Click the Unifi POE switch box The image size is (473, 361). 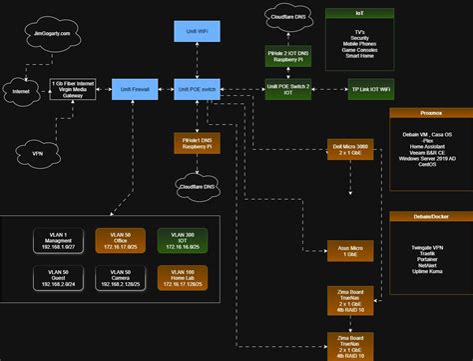click(x=197, y=90)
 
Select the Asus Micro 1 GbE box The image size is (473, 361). click(x=347, y=250)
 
